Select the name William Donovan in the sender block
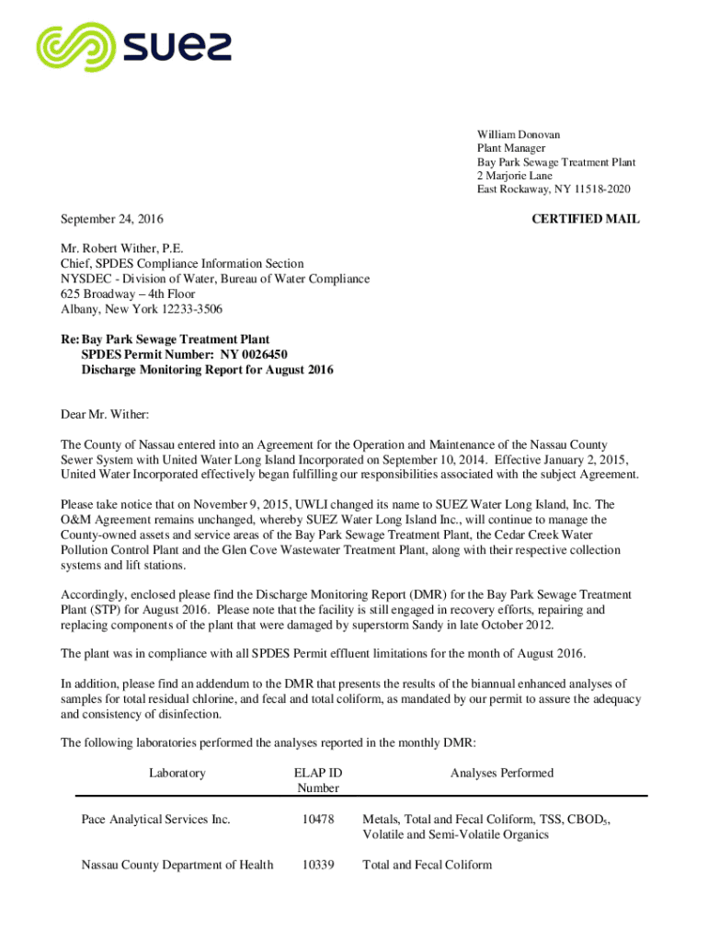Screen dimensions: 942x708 (x=518, y=134)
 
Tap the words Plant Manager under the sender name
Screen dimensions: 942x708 (x=510, y=148)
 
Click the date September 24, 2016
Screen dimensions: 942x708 (x=111, y=219)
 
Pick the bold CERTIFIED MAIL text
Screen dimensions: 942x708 (x=586, y=219)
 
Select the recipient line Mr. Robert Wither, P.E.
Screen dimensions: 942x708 (x=122, y=248)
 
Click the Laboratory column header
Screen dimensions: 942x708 (x=177, y=774)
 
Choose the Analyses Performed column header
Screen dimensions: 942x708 (x=501, y=774)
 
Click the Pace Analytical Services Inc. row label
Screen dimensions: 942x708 (x=155, y=819)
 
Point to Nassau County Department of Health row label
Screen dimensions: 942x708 (x=177, y=865)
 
